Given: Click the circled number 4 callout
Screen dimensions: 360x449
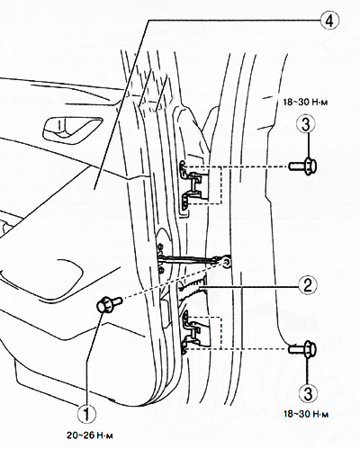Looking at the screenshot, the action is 329,21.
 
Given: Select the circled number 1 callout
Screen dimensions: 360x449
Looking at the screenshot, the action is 86,414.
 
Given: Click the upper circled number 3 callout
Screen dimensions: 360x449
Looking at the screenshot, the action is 305,125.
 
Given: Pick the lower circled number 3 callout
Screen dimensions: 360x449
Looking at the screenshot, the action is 308,392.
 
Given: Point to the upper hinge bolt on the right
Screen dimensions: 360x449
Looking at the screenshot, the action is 302,166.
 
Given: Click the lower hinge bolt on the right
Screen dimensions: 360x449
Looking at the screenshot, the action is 302,349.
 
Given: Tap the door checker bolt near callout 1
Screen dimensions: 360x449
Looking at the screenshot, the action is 109,303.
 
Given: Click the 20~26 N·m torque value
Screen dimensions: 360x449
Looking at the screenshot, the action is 90,436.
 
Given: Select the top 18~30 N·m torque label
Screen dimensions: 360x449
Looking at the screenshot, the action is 306,102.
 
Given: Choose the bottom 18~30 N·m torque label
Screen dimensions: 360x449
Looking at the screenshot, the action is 306,414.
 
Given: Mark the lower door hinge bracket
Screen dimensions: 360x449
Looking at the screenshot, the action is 194,332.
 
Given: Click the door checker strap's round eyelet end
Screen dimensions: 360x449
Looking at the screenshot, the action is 227,261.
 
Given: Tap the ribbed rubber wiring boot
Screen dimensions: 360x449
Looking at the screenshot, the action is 192,289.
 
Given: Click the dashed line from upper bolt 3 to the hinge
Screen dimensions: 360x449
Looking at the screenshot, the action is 235,166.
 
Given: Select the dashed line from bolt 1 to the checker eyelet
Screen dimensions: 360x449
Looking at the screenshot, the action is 173,280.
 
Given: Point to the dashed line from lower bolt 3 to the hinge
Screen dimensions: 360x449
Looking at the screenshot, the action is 236,349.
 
